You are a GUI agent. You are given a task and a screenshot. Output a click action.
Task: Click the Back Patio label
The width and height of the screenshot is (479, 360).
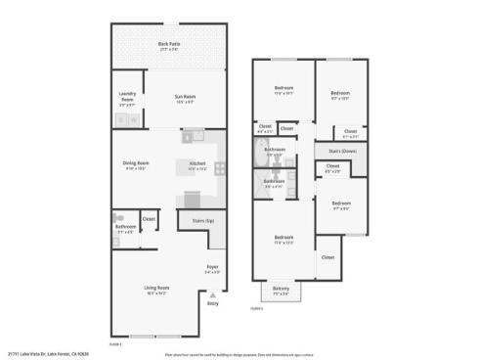(169, 44)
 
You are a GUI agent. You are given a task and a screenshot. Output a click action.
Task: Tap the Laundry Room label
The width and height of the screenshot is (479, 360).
(127, 97)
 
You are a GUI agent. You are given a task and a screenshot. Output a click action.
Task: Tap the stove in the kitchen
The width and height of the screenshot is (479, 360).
(221, 167)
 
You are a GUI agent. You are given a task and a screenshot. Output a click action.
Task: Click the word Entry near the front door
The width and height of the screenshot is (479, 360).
(213, 303)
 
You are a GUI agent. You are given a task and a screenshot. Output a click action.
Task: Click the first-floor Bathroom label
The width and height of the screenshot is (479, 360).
(125, 228)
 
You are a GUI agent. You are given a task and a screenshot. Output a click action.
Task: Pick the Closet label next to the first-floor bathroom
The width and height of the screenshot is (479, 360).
(149, 218)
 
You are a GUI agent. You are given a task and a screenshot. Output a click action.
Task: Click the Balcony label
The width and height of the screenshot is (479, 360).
(281, 289)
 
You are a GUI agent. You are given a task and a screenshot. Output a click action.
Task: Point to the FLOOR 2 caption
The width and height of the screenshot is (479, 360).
(257, 307)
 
